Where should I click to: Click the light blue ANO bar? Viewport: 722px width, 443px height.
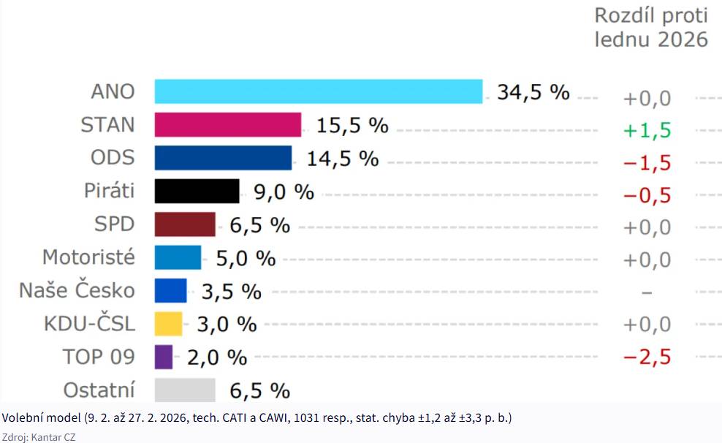point(319,91)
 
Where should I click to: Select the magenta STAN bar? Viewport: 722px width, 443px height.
point(228,125)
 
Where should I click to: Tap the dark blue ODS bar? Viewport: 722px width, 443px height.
point(224,158)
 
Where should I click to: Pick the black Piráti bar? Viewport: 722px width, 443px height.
point(197,191)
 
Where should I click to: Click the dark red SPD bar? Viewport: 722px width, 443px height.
point(185,224)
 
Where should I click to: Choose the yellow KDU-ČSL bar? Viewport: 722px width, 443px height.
point(169,324)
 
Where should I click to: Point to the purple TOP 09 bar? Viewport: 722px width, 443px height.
point(164,357)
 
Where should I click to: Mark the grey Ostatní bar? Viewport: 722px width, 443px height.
point(185,390)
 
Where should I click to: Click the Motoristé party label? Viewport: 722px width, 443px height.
point(89,257)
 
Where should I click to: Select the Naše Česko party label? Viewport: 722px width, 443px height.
point(77,290)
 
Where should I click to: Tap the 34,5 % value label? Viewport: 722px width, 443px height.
point(533,92)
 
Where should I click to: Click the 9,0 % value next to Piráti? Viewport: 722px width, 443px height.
point(284,192)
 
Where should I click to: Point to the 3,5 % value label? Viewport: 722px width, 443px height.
point(232,292)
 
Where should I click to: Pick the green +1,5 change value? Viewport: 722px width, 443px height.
point(647,130)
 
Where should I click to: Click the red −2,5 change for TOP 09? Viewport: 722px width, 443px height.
point(647,357)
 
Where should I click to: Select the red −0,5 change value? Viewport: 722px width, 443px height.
point(647,196)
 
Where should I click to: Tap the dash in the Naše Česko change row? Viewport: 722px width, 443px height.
point(647,292)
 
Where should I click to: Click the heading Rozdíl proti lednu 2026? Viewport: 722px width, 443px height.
point(651,27)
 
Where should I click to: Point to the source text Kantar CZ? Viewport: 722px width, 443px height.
point(53,437)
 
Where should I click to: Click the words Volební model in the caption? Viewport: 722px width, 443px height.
point(42,417)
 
